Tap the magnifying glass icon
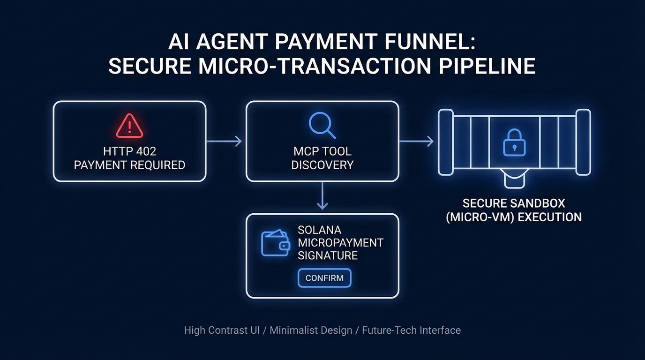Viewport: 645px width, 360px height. pos(322,125)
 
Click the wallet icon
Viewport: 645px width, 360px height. pos(275,243)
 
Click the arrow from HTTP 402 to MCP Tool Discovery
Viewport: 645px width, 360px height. pos(224,141)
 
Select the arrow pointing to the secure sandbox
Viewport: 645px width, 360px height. pos(416,141)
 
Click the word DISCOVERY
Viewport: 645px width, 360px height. pos(322,165)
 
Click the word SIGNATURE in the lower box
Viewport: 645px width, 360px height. pos(328,255)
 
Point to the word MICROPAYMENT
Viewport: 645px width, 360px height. pos(340,243)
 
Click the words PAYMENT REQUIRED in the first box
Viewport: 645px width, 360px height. pos(129,165)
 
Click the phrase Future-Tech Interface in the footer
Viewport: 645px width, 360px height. pos(411,330)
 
